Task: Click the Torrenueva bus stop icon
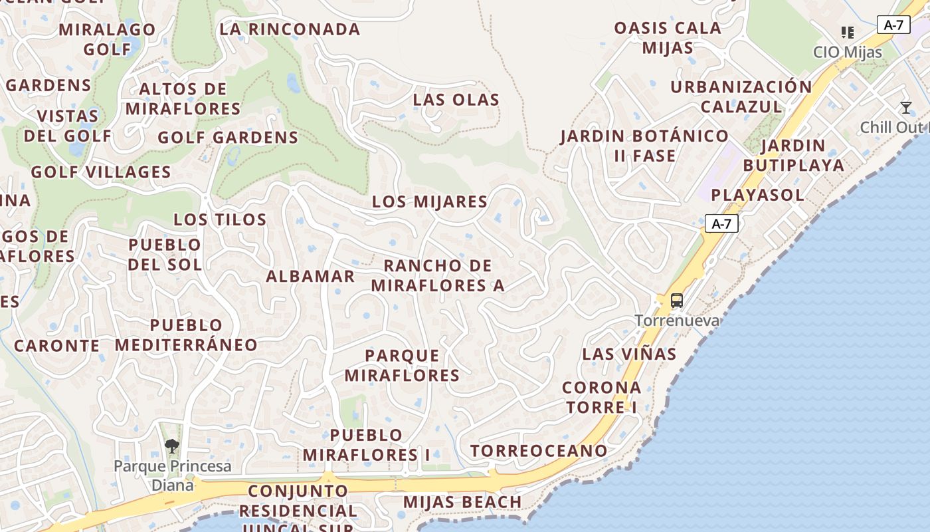(676, 301)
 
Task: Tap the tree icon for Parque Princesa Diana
(172, 446)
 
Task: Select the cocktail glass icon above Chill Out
(905, 108)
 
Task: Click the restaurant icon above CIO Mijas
(847, 32)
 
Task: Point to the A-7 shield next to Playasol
(721, 224)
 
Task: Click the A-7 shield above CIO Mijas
(893, 25)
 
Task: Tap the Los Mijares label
(430, 201)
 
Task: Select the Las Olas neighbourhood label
(456, 100)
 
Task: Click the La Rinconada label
(290, 29)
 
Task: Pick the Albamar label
(310, 276)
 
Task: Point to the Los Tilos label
(220, 219)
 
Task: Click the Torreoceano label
(539, 451)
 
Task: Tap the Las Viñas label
(629, 354)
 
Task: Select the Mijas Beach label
(462, 501)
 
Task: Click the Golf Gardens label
(228, 138)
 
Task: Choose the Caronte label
(56, 346)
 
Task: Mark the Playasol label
(757, 195)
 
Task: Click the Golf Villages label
(101, 172)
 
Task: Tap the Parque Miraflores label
(402, 365)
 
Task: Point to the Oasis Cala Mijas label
(668, 38)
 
